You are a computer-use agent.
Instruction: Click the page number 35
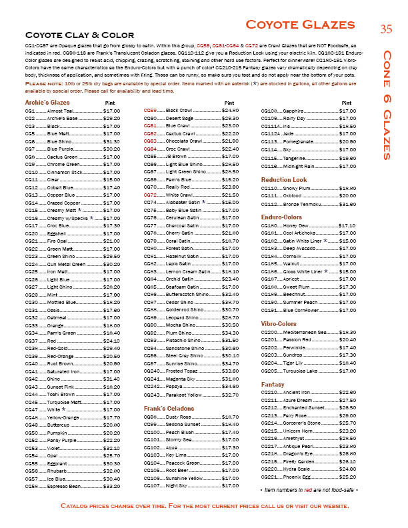click(x=387, y=28)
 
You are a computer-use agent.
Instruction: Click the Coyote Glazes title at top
click(x=309, y=25)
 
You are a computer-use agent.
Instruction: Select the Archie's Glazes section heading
click(x=47, y=102)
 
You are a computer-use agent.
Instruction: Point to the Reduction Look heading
click(x=284, y=180)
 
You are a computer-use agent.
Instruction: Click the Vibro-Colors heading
click(x=279, y=323)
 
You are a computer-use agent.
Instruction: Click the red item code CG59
click(x=150, y=110)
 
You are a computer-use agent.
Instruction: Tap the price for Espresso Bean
click(x=112, y=487)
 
